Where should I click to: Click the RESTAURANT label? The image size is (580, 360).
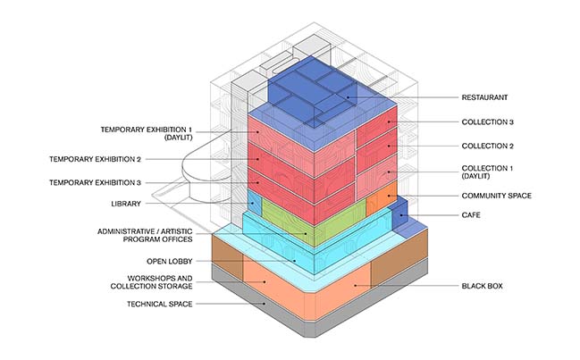pos(485,97)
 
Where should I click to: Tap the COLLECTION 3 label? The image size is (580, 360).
pos(487,121)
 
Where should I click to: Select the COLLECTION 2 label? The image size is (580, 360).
pos(487,146)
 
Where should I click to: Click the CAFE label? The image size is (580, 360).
pos(471,215)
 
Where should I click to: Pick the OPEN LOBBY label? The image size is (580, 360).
pos(168,262)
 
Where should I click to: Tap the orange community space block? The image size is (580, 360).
pos(380,202)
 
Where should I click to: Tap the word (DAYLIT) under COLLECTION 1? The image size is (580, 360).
pos(481,178)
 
